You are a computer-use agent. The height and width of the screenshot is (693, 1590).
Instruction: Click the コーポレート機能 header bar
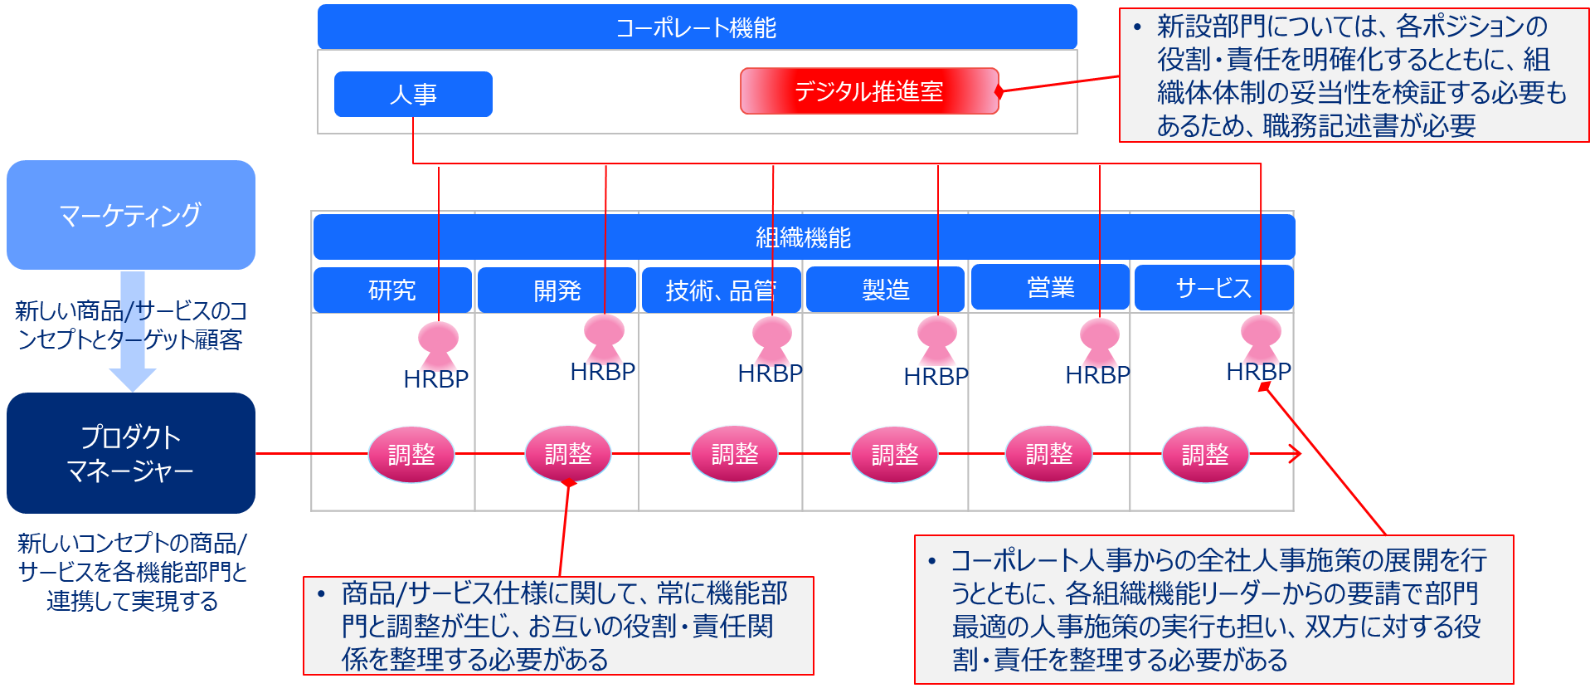tap(697, 27)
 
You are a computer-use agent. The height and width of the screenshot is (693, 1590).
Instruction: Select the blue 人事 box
tap(413, 94)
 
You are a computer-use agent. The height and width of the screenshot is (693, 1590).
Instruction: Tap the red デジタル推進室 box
tap(868, 91)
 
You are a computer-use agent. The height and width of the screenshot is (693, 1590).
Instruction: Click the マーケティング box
tap(131, 215)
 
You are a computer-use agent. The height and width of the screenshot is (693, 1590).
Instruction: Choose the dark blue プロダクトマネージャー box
tap(131, 453)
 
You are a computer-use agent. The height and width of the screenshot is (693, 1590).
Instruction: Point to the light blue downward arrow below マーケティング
tap(133, 332)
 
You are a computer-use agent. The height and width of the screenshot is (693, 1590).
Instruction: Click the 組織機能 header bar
tap(803, 237)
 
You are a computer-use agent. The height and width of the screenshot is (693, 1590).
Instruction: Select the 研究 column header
tap(392, 290)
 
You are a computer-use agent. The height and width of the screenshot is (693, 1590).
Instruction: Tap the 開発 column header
tap(557, 290)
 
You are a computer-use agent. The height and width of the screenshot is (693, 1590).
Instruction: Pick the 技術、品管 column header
tap(721, 290)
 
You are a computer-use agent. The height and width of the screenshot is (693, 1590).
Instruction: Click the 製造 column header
tap(885, 290)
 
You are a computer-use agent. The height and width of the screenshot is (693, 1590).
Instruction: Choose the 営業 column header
tap(1050, 287)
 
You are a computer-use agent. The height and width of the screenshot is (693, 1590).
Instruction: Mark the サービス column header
tap(1213, 288)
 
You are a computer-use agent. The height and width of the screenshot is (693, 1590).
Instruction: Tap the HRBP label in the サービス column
tap(1258, 372)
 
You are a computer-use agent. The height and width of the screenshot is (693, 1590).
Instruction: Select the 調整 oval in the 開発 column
tap(568, 454)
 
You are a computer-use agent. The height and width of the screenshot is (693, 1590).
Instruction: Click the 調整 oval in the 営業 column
tap(1049, 454)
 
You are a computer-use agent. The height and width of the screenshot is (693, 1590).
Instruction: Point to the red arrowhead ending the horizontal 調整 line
tap(1296, 454)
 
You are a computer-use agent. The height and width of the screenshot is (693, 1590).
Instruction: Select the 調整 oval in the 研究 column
tap(411, 454)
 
